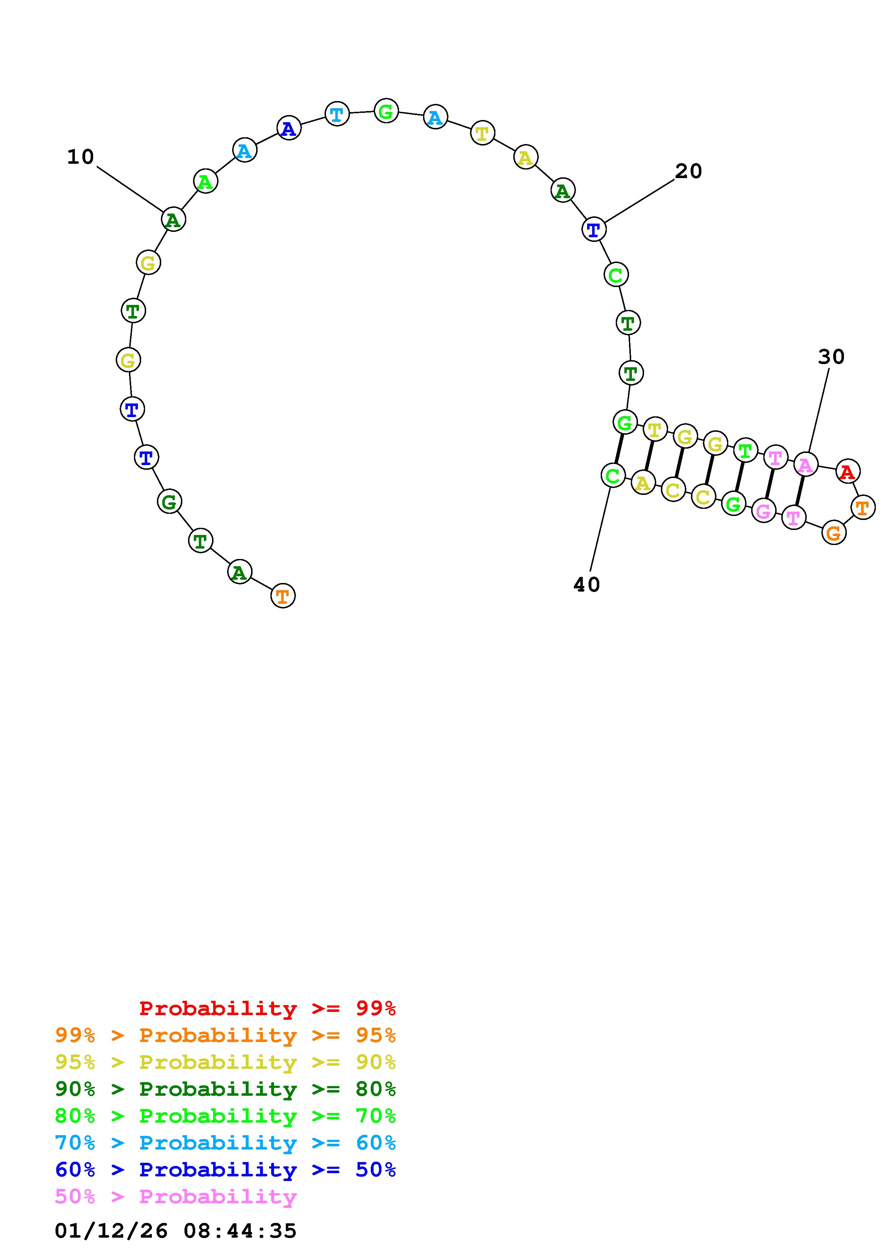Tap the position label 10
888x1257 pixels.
click(x=81, y=157)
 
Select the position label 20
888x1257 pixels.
click(x=688, y=171)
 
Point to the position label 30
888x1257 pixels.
click(x=831, y=357)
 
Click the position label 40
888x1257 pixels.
click(x=586, y=585)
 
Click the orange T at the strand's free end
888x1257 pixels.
click(x=283, y=596)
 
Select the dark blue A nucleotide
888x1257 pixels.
click(x=289, y=128)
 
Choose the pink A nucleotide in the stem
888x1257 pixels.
click(x=805, y=465)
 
